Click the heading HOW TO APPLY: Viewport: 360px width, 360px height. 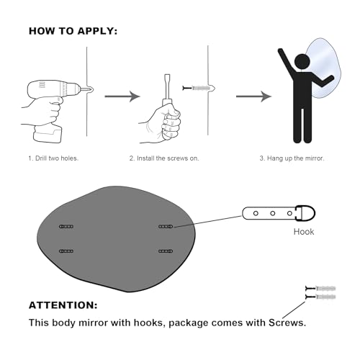(x=73, y=31)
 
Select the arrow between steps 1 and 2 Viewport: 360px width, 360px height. (x=122, y=96)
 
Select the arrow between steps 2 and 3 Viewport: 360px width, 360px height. (x=253, y=96)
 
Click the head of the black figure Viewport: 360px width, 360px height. (x=302, y=62)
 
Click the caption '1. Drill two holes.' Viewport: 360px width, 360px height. (x=53, y=158)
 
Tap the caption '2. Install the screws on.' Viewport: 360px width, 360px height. (x=164, y=158)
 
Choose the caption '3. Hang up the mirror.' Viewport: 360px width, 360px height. (x=292, y=158)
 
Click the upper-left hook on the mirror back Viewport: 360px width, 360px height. (x=66, y=226)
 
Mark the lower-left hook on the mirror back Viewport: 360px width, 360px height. (x=66, y=251)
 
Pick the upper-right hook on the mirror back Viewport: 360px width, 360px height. (x=166, y=226)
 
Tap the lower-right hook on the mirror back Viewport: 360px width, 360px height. (x=166, y=251)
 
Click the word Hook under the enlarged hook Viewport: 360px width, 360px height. (x=304, y=232)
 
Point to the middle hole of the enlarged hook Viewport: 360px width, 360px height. (x=273, y=213)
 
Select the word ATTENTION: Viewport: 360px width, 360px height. (x=63, y=305)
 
